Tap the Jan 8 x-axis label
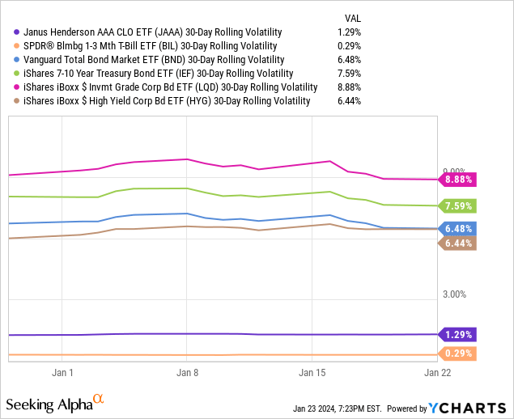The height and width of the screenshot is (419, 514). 187,373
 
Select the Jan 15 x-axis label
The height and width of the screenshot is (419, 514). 312,373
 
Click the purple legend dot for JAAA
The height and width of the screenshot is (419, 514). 8,32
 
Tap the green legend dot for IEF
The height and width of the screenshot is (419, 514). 8,74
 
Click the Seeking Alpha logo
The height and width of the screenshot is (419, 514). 55,403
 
